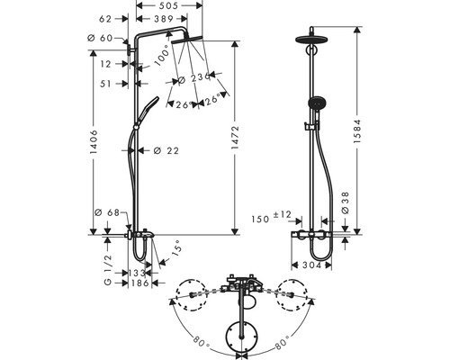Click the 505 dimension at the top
point(169,5)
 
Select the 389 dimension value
point(164,19)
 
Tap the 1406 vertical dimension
point(94,142)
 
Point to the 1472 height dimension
point(235,138)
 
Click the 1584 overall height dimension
point(356,131)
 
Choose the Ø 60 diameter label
point(100,38)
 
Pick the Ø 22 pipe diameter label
point(166,150)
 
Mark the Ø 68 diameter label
point(107,212)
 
